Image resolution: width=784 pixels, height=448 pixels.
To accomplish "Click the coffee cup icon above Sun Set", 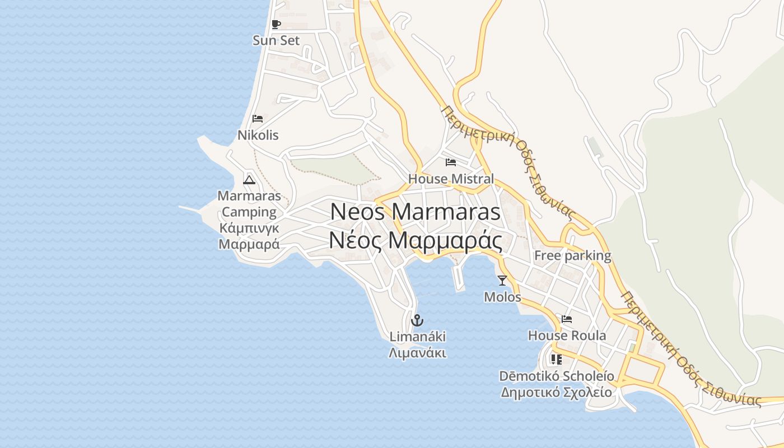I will (276, 24).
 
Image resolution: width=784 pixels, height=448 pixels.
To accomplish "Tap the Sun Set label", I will (276, 40).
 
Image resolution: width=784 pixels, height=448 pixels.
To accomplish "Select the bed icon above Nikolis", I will (258, 118).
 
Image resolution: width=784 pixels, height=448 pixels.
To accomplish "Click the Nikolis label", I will (258, 135).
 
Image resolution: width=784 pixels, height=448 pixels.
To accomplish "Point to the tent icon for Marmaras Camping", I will (249, 180).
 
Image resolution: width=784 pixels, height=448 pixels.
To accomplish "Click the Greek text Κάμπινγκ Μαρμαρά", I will (249, 236).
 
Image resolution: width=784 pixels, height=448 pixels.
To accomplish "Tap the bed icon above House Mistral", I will (451, 162).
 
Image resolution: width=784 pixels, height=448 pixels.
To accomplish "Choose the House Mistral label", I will (451, 179).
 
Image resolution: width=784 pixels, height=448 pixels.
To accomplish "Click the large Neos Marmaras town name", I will (415, 212).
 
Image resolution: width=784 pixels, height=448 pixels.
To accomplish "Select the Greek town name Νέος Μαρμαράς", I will (415, 241).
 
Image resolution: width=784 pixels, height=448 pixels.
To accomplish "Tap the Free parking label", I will (572, 256).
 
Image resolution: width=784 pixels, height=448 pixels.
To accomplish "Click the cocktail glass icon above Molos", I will (502, 281).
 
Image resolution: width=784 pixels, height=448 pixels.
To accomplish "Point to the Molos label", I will (502, 297).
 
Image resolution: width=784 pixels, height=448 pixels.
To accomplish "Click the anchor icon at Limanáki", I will (417, 321).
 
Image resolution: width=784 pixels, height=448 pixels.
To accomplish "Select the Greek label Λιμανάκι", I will (417, 353).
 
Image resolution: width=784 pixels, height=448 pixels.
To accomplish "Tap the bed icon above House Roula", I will (567, 320).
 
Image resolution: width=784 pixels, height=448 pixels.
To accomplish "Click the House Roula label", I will (567, 335).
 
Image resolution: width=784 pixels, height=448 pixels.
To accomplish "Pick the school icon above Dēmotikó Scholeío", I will (556, 359).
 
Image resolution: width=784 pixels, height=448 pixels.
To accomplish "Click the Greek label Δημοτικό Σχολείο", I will (556, 392).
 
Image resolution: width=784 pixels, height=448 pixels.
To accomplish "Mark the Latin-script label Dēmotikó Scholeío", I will (556, 376).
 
